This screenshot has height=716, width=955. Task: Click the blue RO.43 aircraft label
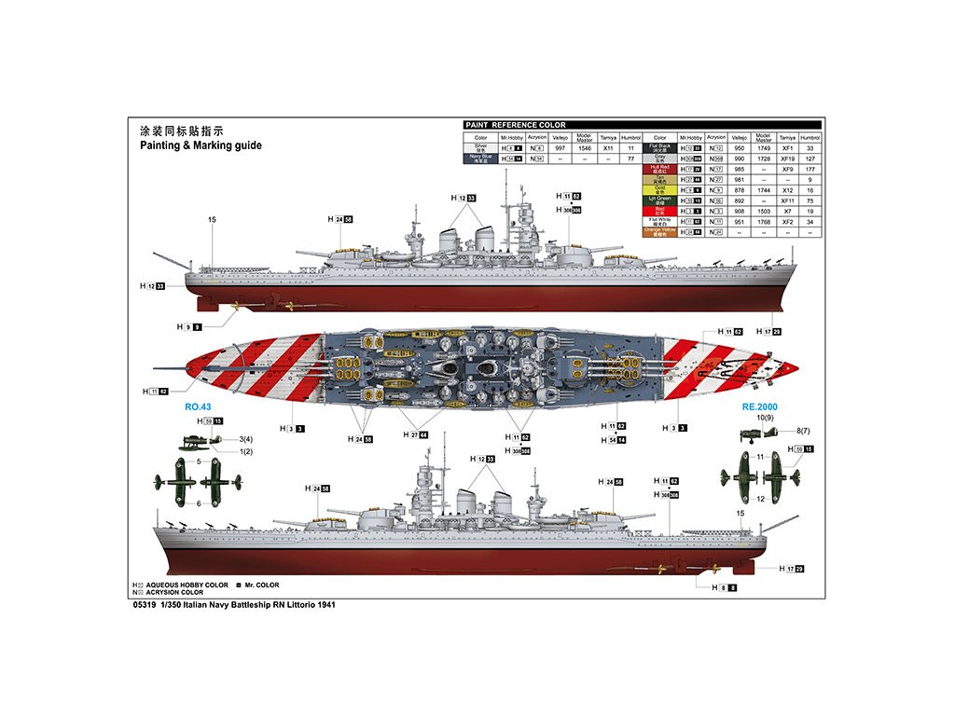click(x=199, y=406)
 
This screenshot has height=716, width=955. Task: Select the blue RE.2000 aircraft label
click(x=759, y=406)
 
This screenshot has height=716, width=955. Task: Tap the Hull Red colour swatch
click(x=658, y=169)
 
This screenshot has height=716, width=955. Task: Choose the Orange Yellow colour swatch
click(x=658, y=231)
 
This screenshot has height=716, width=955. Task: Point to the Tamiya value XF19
click(x=787, y=158)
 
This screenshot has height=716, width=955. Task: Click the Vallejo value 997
click(x=561, y=148)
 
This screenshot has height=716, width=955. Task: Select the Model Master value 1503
click(x=764, y=211)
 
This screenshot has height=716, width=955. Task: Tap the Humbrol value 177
click(x=810, y=169)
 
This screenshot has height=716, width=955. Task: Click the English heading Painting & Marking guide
click(x=201, y=145)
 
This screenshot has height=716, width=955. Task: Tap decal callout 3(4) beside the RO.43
click(x=220, y=439)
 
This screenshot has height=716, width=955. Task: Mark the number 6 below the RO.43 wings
click(x=199, y=503)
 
